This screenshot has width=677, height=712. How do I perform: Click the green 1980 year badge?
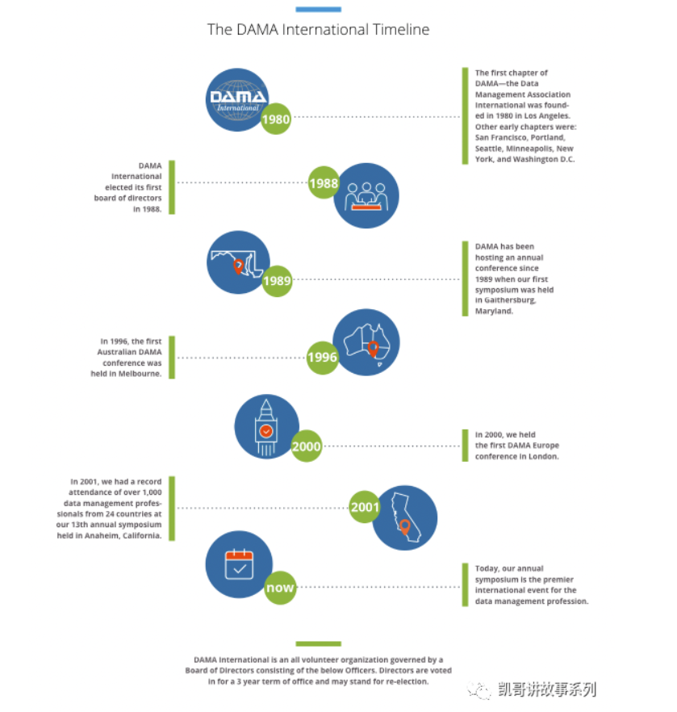[275, 119]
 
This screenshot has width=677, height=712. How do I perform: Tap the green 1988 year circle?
[324, 182]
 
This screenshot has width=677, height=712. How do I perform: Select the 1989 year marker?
[277, 281]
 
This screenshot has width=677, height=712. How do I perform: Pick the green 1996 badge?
[322, 358]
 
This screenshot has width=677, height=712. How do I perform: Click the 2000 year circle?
[307, 446]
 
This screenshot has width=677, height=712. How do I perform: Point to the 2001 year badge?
[365, 507]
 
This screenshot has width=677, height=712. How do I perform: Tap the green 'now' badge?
[280, 588]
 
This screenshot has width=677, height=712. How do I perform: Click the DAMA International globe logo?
[237, 100]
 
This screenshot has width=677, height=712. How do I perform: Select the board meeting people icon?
[366, 195]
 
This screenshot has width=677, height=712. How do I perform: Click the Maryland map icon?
[238, 262]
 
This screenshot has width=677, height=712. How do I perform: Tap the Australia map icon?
[366, 342]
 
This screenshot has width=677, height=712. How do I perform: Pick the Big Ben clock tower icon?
[267, 426]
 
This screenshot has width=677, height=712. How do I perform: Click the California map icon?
[405, 517]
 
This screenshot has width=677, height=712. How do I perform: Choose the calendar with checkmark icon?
[239, 564]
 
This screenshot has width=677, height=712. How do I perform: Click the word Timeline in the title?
[401, 30]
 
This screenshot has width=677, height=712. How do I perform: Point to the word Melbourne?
[140, 374]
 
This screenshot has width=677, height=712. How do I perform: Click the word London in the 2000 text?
[544, 456]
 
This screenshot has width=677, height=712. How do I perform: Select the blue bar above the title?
[318, 9]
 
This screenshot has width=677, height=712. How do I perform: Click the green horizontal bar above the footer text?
[318, 643]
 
